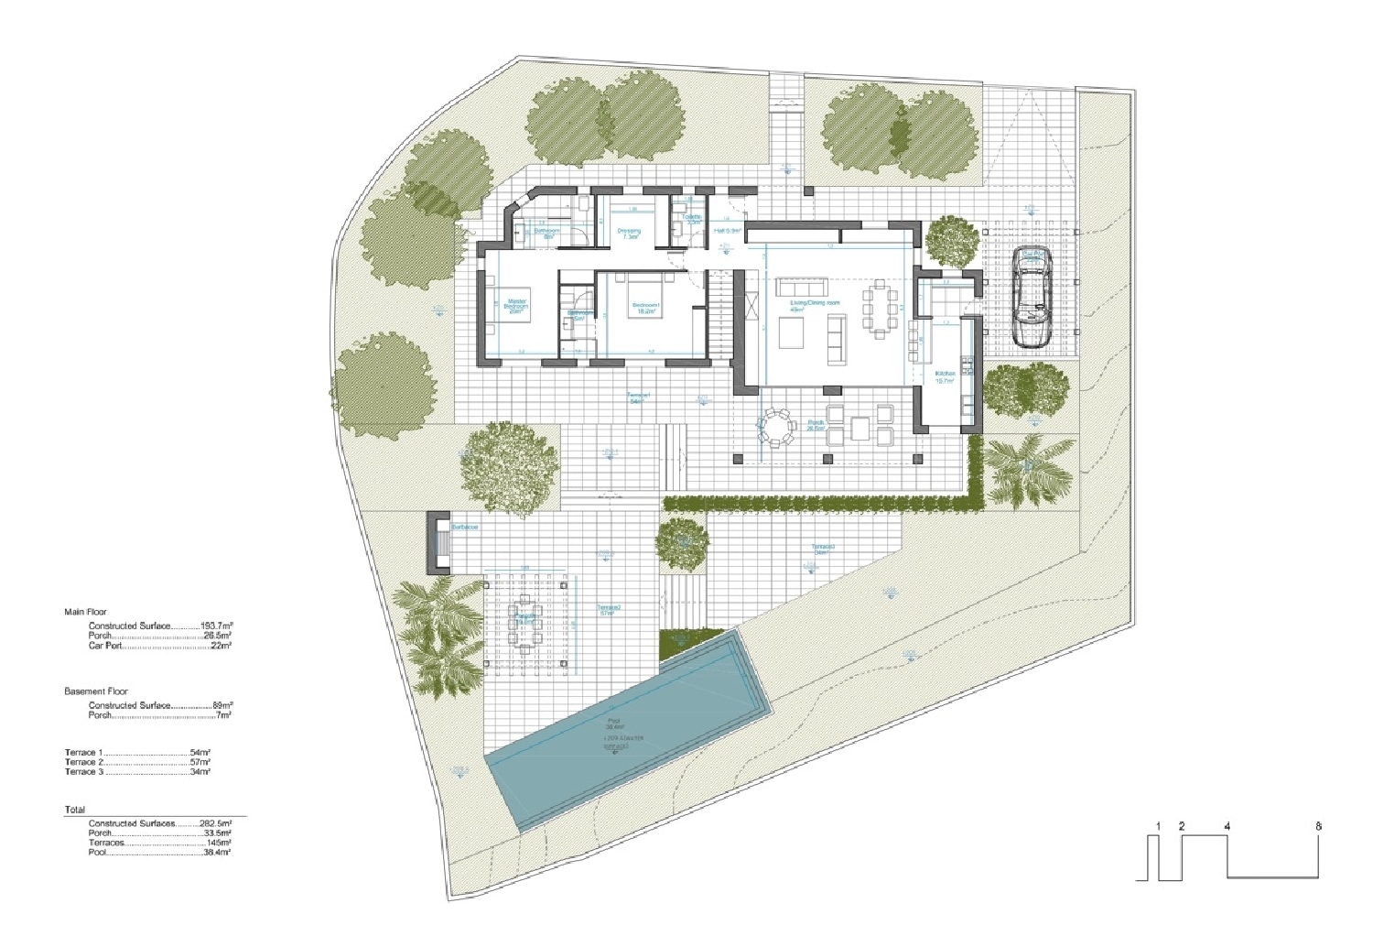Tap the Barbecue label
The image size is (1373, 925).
465,528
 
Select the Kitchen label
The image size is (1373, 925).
945,374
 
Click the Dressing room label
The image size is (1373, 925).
629,232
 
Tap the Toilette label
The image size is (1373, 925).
691,217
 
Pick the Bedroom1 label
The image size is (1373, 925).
646,304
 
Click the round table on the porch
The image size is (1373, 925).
776,428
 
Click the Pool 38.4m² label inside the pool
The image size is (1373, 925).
613,723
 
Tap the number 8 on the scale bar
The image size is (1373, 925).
1319,826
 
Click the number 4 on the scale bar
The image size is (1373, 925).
1227,826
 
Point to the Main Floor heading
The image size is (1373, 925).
85,612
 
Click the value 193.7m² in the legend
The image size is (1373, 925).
216,626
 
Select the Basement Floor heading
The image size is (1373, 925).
96,691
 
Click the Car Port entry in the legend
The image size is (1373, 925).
105,646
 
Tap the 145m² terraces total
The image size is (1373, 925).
218,843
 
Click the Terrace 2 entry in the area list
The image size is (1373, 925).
83,762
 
